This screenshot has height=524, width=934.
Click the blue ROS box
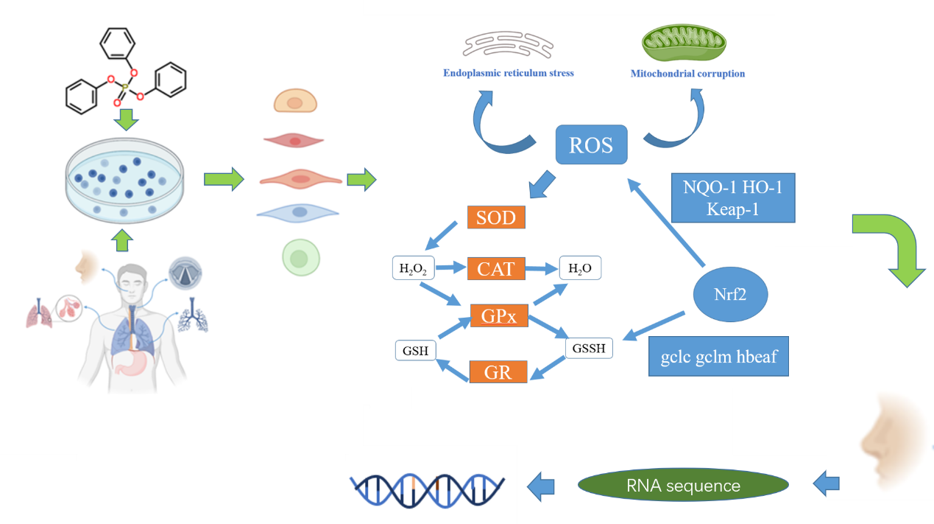pyautogui.click(x=591, y=144)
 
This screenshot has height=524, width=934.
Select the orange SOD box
pyautogui.click(x=496, y=217)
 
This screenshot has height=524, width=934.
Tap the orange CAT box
pyautogui.click(x=496, y=268)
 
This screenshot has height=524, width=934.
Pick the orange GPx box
pyautogui.click(x=498, y=315)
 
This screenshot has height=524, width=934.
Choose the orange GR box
pyautogui.click(x=498, y=371)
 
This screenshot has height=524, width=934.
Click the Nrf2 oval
pyautogui.click(x=730, y=296)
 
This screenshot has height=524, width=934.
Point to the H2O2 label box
pyautogui.click(x=413, y=268)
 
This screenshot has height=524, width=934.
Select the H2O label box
pyautogui.click(x=580, y=268)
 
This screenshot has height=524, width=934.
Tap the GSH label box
pyautogui.click(x=416, y=351)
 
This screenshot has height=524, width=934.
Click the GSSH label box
pyautogui.click(x=590, y=347)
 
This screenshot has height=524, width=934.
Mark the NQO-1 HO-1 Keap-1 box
pyautogui.click(x=733, y=198)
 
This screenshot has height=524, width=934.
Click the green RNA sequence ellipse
pyautogui.click(x=683, y=485)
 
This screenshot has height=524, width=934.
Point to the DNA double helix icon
pyautogui.click(x=427, y=485)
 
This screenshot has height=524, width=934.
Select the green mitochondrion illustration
pyautogui.click(x=684, y=45)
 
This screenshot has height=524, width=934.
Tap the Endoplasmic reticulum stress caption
pyautogui.click(x=508, y=74)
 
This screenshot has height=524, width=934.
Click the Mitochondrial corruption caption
pyautogui.click(x=687, y=74)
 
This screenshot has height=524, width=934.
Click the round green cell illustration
pyautogui.click(x=299, y=259)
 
